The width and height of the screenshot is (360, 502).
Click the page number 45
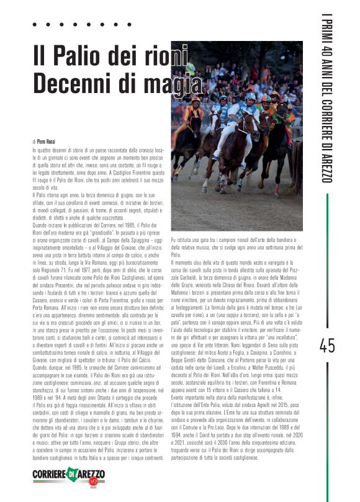click(x=327, y=346)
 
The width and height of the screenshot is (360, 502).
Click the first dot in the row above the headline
click(x=34, y=25)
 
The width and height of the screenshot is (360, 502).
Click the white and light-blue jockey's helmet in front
click(x=250, y=96)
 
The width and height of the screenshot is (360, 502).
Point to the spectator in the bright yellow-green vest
click(x=190, y=68)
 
